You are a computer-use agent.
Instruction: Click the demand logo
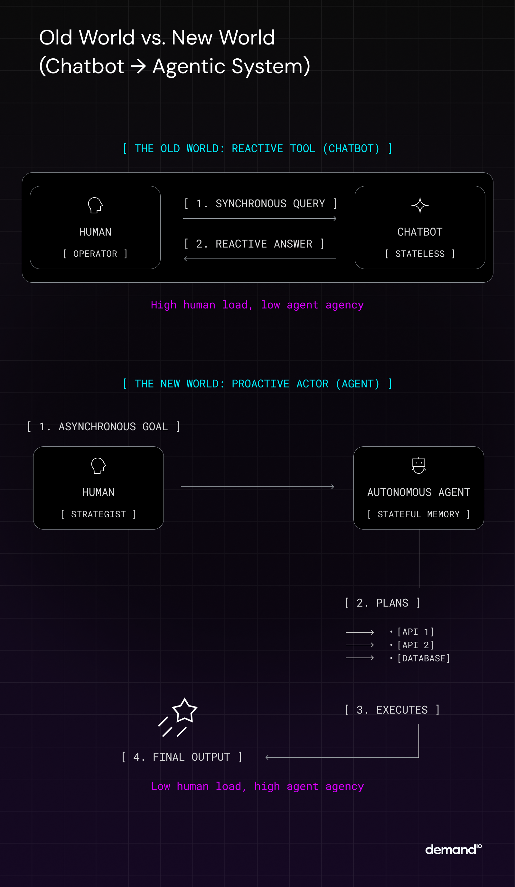coord(453,849)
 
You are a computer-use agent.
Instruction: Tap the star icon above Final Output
coord(184,711)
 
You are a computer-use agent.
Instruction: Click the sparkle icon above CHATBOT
coord(420,205)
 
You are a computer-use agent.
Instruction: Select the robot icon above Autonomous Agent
coord(418,465)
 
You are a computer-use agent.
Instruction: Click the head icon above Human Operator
coord(95,205)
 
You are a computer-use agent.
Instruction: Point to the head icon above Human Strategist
coord(98,465)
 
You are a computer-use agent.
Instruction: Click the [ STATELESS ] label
coord(420,254)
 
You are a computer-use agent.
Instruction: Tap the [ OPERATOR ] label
coord(95,254)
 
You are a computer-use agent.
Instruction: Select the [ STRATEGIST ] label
coord(98,514)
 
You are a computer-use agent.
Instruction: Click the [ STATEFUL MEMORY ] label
coord(418,514)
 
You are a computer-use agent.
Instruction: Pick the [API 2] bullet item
coord(415,645)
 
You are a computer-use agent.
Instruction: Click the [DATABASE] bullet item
coord(423,658)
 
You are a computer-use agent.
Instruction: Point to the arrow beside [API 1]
coord(359,632)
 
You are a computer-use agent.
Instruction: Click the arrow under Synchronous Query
coord(259,219)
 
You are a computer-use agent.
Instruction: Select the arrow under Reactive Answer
coord(259,259)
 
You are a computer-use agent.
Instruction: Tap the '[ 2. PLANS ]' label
coord(382,603)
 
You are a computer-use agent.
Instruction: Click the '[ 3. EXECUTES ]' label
coord(392,710)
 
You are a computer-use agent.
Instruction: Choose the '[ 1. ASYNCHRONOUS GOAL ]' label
coord(104,427)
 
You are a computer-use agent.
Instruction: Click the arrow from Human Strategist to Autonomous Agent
coord(257,487)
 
